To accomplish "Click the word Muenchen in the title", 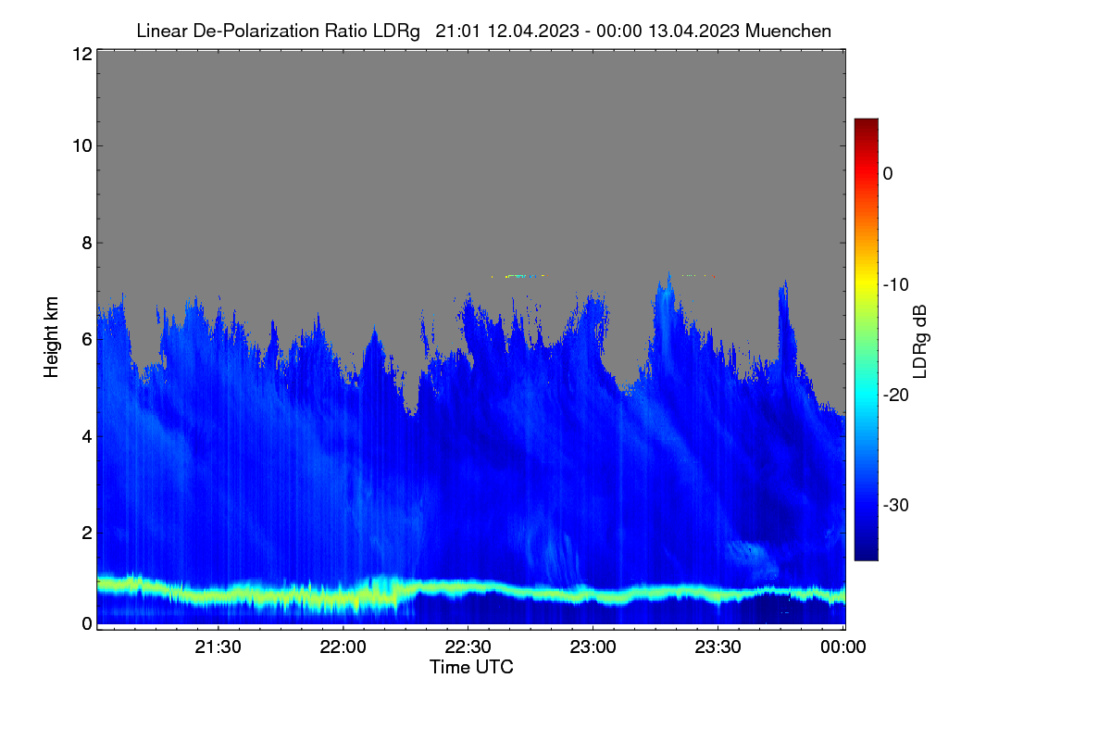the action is coord(788,31).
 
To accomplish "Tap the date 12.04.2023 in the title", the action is coord(533,31).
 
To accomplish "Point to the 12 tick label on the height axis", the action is coord(82,54).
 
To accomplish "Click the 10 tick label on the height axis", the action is coord(82,146).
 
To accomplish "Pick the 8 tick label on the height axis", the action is coord(87,243).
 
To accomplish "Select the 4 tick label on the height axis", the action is coord(87,437).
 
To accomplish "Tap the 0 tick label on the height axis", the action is coord(87,624).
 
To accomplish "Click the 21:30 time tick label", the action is coord(218,647).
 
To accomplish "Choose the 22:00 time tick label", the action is coord(343,647).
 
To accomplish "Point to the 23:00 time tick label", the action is coord(593,647).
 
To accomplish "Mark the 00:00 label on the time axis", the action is coord(843,647).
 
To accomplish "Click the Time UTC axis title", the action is coord(471,668).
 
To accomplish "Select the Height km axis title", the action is coord(51,337).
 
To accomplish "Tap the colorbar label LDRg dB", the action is coord(920,342).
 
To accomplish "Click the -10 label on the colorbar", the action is coord(896,285).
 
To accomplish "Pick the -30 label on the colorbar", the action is coord(896,505).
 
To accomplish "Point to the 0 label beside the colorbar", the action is coord(888,174).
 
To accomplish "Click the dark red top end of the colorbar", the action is coord(867,121).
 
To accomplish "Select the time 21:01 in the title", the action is coord(457,31).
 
